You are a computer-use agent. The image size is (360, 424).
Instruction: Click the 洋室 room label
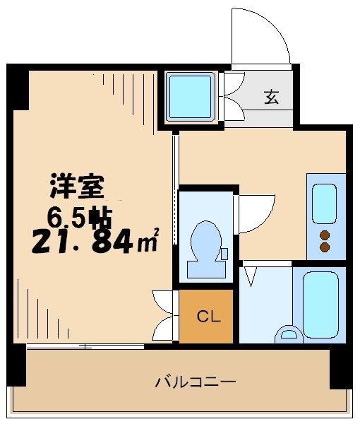77,187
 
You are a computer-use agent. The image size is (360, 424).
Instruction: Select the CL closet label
205,317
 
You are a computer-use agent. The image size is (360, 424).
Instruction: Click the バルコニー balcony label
195,382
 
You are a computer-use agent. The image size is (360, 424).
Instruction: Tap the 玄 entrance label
272,98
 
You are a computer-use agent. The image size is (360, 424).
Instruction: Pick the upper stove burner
325,235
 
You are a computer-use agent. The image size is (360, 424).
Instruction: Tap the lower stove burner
325,247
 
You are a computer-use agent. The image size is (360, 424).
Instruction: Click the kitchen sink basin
324,204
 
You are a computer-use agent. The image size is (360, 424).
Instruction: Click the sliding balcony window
85,346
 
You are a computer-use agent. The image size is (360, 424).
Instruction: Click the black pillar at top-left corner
17,88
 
